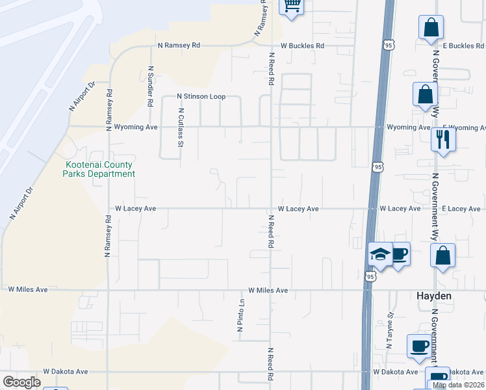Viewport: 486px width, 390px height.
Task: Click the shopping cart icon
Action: coord(292,6)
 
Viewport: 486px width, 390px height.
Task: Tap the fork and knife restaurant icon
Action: coord(443,139)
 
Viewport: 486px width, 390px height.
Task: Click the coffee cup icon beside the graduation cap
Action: coord(399,253)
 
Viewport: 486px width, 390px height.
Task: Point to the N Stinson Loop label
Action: coord(201,97)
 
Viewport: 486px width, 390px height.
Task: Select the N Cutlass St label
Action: coord(181,127)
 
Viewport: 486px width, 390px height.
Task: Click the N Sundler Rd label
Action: coord(150,85)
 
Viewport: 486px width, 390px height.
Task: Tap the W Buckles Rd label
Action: coord(302,46)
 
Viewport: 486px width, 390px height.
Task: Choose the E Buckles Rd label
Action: coord(463,46)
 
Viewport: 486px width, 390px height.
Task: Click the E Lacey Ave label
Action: coord(463,209)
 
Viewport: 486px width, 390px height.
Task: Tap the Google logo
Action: coord(21,382)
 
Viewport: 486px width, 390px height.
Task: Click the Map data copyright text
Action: coord(459,385)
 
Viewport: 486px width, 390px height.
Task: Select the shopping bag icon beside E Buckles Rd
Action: coord(431,28)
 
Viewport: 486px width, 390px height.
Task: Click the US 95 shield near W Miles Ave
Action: coord(370,276)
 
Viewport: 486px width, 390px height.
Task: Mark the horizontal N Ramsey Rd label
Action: coord(179,46)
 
